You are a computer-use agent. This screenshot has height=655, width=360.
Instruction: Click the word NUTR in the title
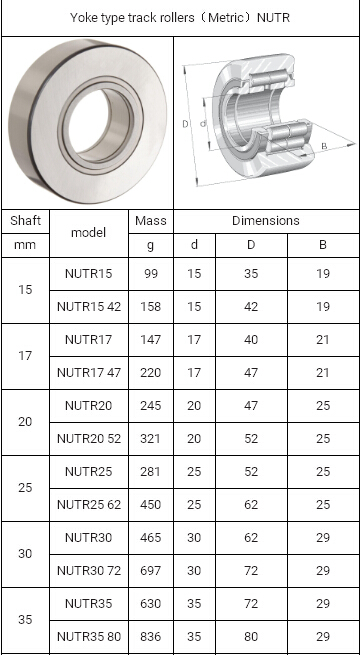(x=273, y=18)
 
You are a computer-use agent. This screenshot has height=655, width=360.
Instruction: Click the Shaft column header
(x=25, y=221)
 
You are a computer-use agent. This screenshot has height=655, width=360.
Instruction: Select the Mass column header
(x=151, y=221)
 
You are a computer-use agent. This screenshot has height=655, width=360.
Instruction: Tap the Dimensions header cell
(x=266, y=221)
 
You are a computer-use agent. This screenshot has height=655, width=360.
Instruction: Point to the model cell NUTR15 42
(x=89, y=307)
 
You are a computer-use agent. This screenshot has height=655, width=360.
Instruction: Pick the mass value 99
(x=151, y=274)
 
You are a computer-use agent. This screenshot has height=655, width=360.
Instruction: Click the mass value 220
(x=151, y=373)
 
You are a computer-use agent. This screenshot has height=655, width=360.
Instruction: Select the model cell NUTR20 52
(x=89, y=439)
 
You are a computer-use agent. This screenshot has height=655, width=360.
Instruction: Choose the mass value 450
(x=151, y=505)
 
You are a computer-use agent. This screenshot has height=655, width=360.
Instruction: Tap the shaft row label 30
(x=25, y=554)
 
